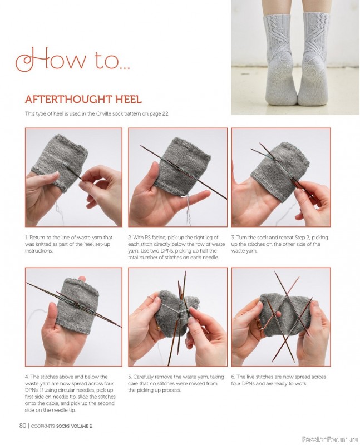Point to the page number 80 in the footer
pyautogui.click(x=22, y=426)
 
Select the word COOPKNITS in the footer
pyautogui.click(x=43, y=426)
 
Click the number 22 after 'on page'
pyautogui.click(x=165, y=114)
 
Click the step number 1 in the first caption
pyautogui.click(x=26, y=238)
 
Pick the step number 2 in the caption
pyautogui.click(x=130, y=238)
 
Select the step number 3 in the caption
pyautogui.click(x=233, y=238)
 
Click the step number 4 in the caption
pyautogui.click(x=27, y=377)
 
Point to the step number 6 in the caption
pyautogui.click(x=233, y=377)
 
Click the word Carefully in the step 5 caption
pyautogui.click(x=143, y=377)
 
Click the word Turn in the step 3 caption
pyautogui.click(x=241, y=238)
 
